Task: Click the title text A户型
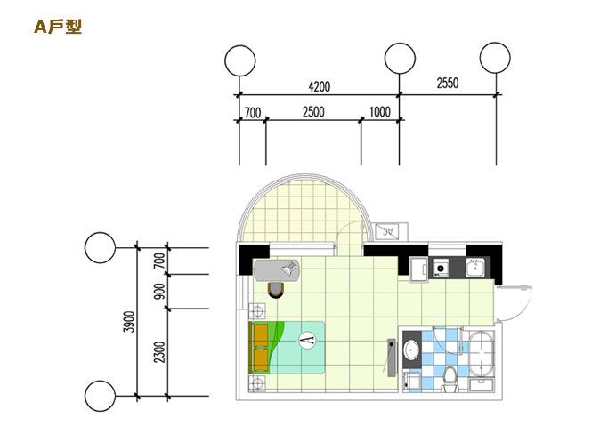tap(58, 28)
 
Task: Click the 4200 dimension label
tap(319, 86)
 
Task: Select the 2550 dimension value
tap(447, 84)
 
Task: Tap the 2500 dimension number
tap(312, 112)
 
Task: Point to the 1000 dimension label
tap(379, 112)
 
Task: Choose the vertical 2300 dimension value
tap(160, 352)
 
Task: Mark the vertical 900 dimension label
tap(160, 291)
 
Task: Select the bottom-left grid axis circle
tap(100, 394)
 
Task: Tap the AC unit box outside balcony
tap(388, 233)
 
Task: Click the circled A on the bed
tap(307, 340)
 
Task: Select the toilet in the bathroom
tap(450, 377)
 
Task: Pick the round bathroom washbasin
tap(411, 350)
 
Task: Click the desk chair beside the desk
tap(276, 288)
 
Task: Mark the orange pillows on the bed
tap(261, 348)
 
